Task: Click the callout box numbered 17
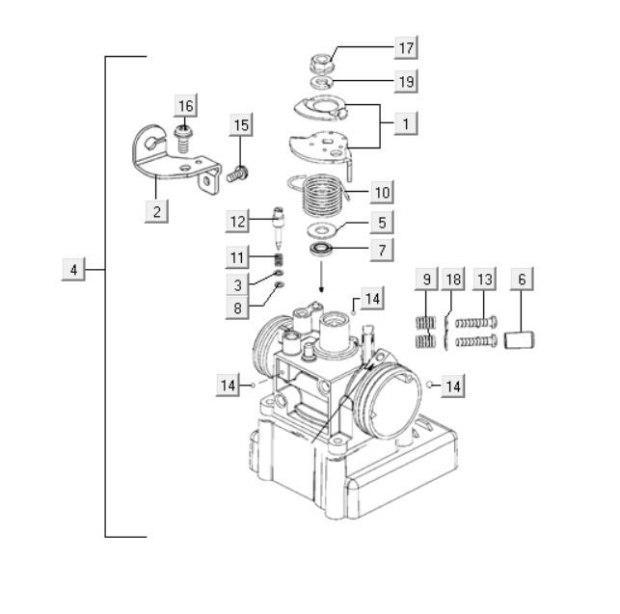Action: (x=406, y=47)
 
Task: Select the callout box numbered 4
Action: (x=73, y=268)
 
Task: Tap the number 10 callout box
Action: (x=382, y=192)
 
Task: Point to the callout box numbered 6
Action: (x=522, y=280)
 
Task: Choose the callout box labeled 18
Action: (x=453, y=280)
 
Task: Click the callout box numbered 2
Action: (x=154, y=209)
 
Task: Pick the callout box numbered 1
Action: (x=407, y=123)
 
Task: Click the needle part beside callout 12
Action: (x=276, y=227)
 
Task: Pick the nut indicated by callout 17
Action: (x=320, y=64)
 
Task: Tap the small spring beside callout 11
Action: (x=276, y=258)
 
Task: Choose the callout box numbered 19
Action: (x=406, y=81)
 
